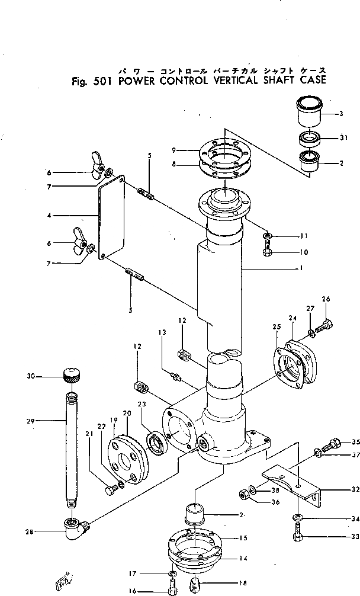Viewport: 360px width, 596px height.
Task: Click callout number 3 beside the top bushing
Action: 342,113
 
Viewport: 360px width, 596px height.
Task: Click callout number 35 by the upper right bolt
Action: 355,442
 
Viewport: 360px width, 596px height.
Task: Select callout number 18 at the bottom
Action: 226,583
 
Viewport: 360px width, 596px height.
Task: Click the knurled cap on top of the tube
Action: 70,374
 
